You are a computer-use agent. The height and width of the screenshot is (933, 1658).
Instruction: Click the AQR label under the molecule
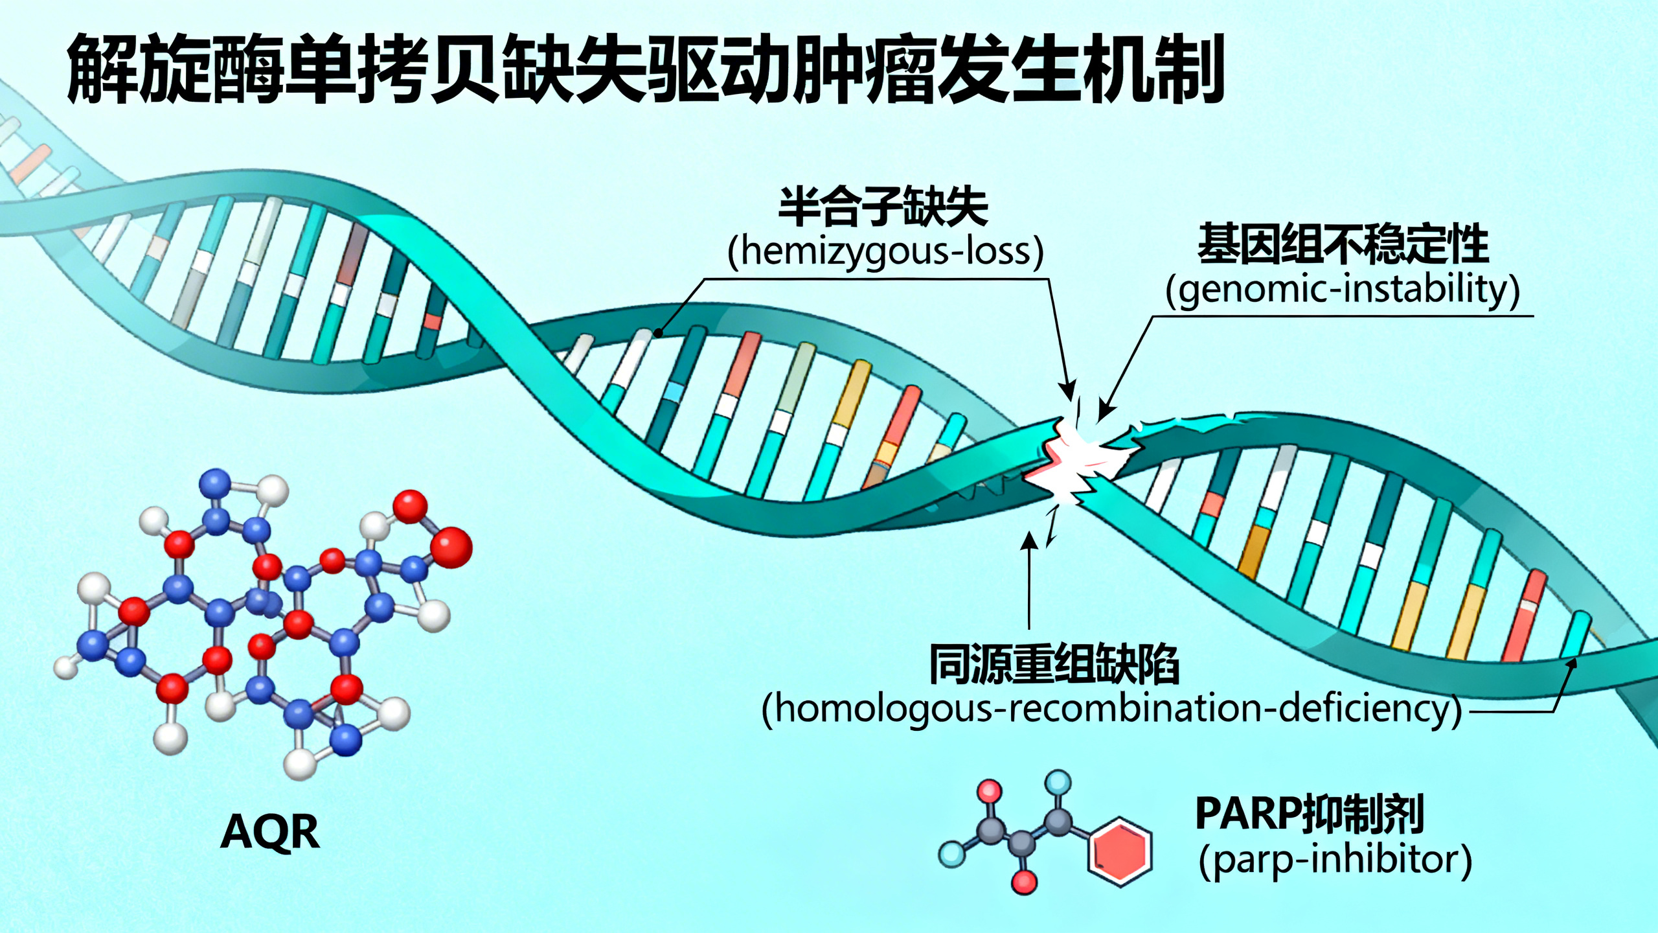pos(270,831)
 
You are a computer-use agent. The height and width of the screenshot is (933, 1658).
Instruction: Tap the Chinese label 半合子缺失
pos(883,207)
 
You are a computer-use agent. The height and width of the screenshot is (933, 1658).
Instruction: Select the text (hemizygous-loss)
pos(885,251)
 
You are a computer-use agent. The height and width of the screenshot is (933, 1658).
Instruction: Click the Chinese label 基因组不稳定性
pos(1343,244)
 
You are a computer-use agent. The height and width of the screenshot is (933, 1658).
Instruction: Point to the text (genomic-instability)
pos(1343,290)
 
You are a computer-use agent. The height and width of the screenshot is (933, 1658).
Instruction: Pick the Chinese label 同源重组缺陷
pos(1054,664)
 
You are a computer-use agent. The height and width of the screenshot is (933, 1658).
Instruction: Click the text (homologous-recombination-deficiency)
pos(1111,709)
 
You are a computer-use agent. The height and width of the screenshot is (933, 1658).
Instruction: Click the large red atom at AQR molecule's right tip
pos(452,547)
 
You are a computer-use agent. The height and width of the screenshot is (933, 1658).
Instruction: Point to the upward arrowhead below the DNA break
pos(1029,539)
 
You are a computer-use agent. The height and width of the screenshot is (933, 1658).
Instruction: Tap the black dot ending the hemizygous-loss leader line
pos(658,333)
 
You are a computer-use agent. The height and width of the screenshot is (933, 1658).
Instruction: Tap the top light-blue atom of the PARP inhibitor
pos(1060,782)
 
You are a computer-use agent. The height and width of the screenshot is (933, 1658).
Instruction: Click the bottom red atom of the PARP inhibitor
pos(1025,881)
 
